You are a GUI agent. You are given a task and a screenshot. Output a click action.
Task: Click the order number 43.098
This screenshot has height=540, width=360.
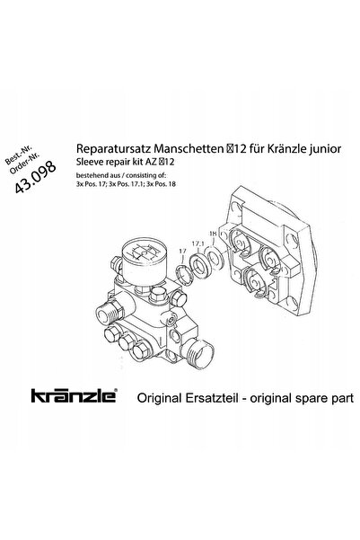point(35,176)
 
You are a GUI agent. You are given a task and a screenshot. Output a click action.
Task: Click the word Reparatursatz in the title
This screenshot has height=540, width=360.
point(114,149)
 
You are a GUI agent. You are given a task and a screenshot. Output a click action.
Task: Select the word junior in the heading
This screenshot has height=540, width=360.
point(325,149)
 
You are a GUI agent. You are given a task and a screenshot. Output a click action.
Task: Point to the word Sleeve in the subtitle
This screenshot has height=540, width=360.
point(86,162)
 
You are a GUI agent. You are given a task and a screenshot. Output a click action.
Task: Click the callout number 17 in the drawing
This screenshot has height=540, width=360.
point(182,252)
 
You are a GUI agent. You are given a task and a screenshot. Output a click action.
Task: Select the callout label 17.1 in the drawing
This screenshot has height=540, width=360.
point(198,243)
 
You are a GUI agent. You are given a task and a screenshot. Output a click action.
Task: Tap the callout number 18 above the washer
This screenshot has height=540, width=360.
point(213,234)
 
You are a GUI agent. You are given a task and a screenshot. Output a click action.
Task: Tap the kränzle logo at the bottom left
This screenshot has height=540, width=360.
point(75,395)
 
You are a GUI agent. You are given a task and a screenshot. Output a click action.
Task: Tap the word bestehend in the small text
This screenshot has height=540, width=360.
point(91,175)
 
